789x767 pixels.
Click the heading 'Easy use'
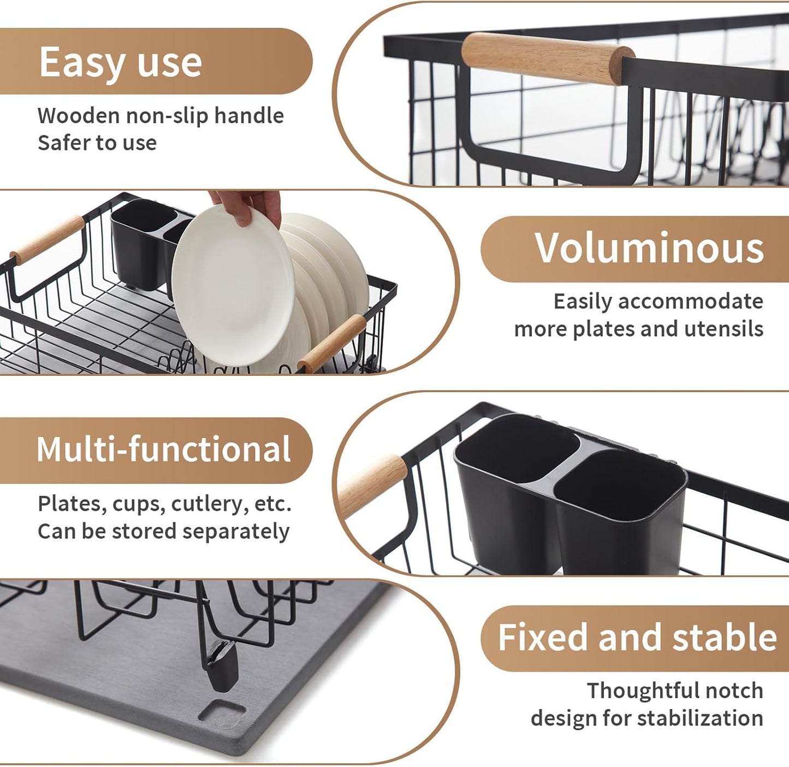[120, 62]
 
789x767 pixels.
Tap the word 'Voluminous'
[649, 249]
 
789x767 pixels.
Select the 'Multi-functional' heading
[163, 450]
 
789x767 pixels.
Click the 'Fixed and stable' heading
[637, 638]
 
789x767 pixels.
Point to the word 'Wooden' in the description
[78, 116]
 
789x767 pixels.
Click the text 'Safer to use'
[97, 143]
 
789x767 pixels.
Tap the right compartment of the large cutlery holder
[620, 508]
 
